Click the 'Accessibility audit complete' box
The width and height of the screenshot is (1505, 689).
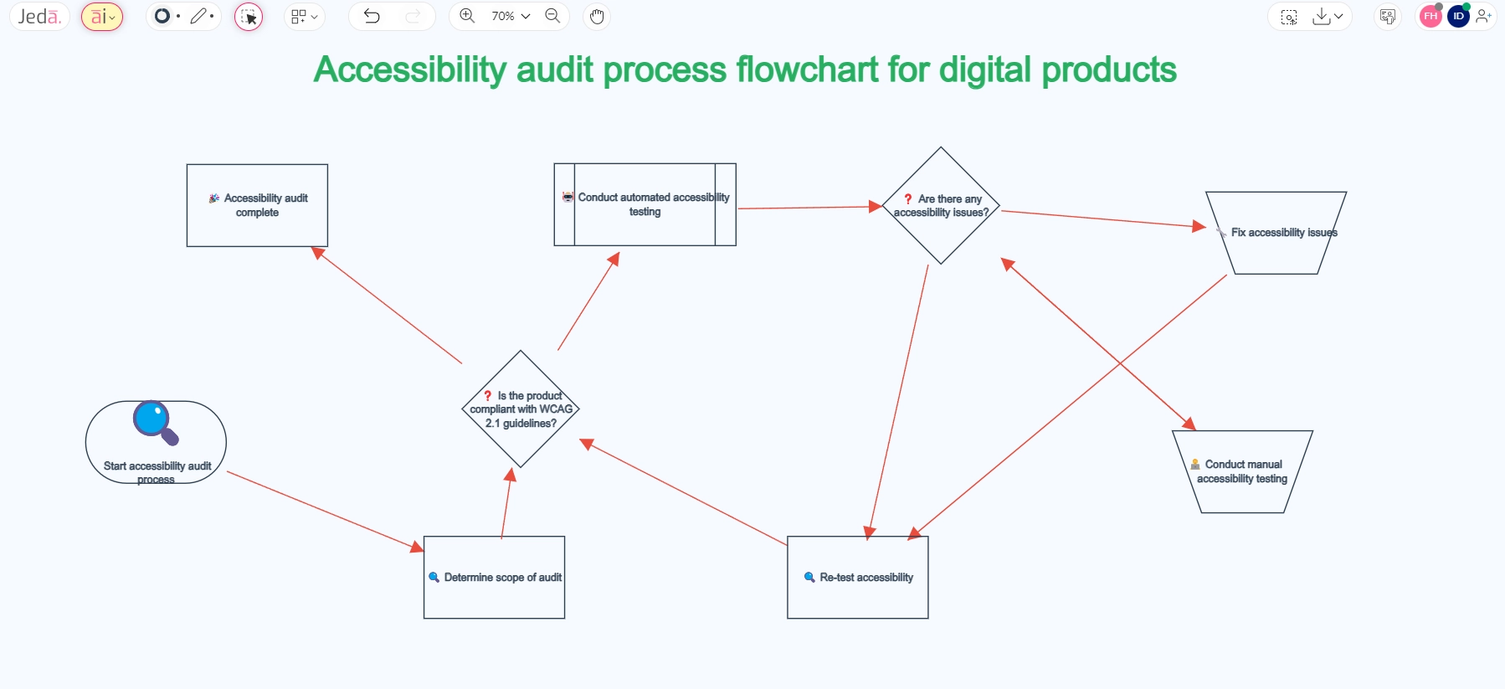[x=257, y=206]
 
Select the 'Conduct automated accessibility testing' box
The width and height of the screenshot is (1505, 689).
[x=645, y=205]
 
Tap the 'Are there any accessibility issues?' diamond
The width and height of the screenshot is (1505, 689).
[x=941, y=206]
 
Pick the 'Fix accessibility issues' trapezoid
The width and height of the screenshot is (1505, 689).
[x=1276, y=234]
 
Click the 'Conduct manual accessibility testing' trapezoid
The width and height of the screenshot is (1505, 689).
[x=1242, y=472]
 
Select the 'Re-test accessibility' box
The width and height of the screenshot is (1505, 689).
[x=857, y=578]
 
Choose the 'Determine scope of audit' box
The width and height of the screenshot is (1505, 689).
[x=494, y=578]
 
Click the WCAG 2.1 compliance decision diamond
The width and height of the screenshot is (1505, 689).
[x=521, y=409]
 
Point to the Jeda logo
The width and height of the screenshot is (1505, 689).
[x=39, y=17]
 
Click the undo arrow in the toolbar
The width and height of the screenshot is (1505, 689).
[x=372, y=16]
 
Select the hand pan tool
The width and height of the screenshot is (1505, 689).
[x=597, y=17]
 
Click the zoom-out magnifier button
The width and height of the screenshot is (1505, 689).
[x=552, y=16]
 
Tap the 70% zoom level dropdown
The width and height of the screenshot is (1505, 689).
[x=510, y=16]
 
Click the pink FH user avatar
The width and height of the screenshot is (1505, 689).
[x=1431, y=17]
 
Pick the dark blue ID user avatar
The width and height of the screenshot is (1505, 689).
[x=1458, y=17]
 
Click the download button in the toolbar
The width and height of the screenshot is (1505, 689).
[x=1322, y=16]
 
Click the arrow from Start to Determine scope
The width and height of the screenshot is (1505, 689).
[x=325, y=511]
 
